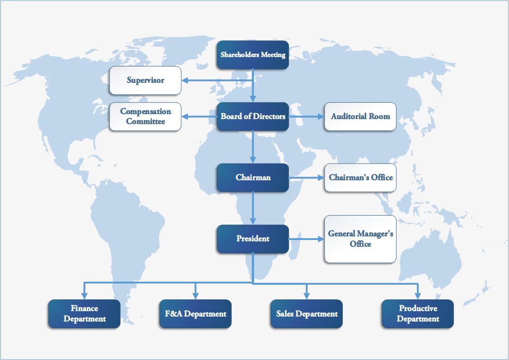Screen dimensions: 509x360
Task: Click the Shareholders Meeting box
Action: point(253,55)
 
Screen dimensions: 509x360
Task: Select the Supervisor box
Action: point(145,81)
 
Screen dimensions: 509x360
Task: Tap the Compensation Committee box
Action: point(145,116)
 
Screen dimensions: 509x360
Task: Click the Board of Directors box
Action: point(253,116)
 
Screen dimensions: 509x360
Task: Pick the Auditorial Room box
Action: point(360,116)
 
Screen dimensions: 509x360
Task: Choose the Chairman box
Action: point(253,178)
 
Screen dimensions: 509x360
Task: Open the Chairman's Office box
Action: point(360,178)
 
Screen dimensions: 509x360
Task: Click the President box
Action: point(253,239)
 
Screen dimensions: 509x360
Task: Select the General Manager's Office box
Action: point(360,239)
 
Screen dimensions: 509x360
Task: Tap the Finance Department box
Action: point(84,314)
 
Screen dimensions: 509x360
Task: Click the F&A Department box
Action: point(196,314)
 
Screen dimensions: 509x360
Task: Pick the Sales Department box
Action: point(307,314)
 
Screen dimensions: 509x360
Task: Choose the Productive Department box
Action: point(418,314)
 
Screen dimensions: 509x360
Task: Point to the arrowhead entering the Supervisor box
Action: point(185,81)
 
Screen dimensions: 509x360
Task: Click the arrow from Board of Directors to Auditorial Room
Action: point(307,116)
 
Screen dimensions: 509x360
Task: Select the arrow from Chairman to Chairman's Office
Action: point(307,178)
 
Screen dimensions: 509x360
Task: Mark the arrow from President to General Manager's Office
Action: point(307,239)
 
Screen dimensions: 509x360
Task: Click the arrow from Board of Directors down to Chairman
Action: point(253,147)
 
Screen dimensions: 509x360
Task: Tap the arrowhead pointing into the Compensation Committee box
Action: point(185,116)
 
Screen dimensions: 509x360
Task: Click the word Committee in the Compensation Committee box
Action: point(145,121)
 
